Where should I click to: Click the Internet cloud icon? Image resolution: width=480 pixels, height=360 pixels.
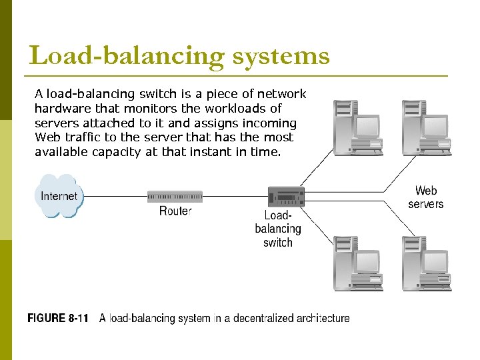[59, 196]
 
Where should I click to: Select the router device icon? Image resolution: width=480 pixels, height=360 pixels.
[175, 196]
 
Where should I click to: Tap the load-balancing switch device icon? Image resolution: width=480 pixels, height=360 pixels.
[285, 197]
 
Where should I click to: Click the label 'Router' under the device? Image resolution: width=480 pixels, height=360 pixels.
[175, 211]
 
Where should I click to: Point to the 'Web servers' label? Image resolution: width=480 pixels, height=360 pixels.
[426, 197]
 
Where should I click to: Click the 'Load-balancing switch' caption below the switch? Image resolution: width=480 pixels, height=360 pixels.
[278, 229]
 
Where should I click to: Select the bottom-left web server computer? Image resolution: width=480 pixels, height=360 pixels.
[356, 263]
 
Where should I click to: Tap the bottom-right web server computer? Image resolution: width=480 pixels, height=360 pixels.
[425, 263]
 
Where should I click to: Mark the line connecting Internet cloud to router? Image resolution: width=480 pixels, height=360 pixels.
[113, 196]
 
